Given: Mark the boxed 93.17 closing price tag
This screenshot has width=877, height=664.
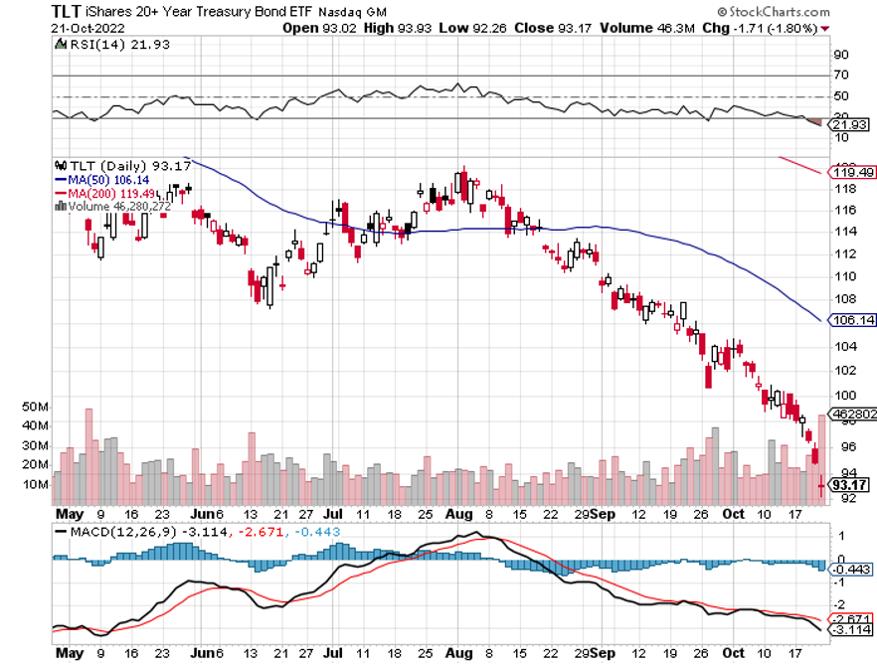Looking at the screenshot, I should coord(845,485).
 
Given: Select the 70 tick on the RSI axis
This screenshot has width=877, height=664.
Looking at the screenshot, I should coord(840,75).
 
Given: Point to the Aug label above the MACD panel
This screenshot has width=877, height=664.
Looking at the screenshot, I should coord(459,516).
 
